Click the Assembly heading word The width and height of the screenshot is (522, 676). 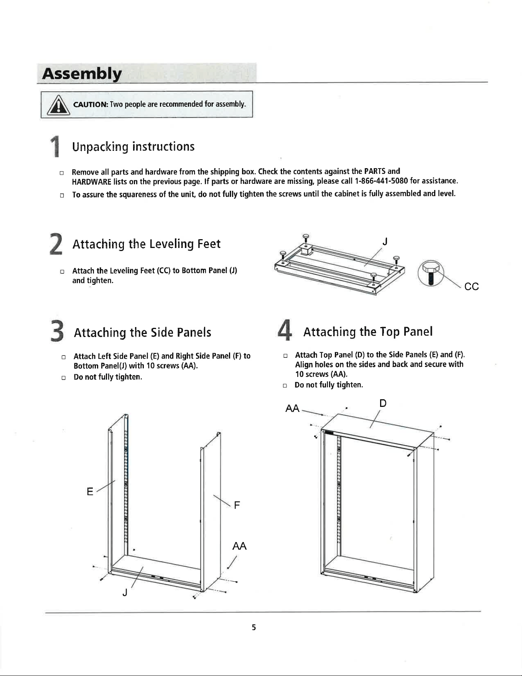click(x=82, y=74)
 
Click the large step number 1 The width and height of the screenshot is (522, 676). click(x=56, y=147)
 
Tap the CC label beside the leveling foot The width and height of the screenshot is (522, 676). click(x=471, y=287)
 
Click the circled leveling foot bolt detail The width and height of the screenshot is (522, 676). click(x=431, y=273)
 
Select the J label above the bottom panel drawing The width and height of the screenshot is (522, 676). click(x=385, y=241)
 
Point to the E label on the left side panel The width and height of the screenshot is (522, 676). click(x=90, y=492)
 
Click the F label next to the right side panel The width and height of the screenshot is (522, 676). click(x=237, y=505)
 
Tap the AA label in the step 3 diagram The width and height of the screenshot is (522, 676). click(x=239, y=546)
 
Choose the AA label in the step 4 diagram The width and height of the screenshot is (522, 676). click(x=292, y=408)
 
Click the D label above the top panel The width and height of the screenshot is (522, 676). click(x=383, y=403)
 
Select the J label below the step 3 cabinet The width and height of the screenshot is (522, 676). click(x=125, y=593)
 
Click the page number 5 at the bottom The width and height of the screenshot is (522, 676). click(x=254, y=627)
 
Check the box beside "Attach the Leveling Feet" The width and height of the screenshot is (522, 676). click(x=62, y=271)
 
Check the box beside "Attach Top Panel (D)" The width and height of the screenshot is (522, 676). click(x=285, y=356)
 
